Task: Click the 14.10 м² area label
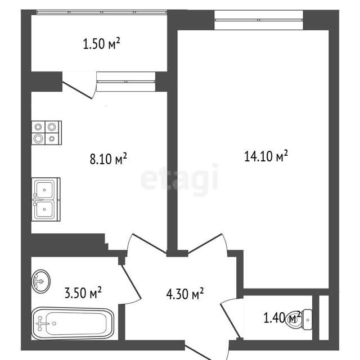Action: pos(266,156)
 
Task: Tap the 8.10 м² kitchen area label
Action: pos(108,159)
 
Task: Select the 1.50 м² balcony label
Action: pos(101,44)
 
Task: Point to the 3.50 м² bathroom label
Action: pos(83,292)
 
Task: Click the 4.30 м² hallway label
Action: pos(185,294)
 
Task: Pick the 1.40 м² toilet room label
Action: pos(282,318)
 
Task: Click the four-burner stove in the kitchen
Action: pos(47,133)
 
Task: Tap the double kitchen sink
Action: pos(46,199)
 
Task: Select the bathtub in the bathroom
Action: pos(73,323)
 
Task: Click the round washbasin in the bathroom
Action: pos(40,281)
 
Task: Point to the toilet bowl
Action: pos(299,319)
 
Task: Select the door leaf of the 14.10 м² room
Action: pos(205,244)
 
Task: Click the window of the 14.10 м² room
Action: pos(259,20)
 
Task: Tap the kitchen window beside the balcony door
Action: pos(126,82)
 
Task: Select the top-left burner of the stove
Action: pos(38,127)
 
